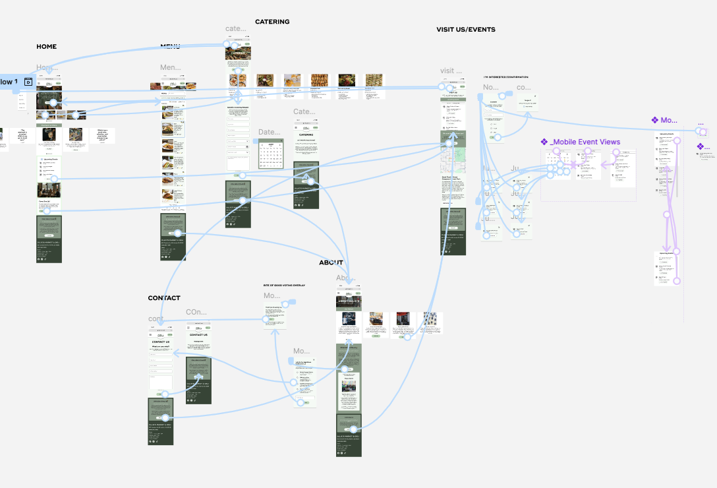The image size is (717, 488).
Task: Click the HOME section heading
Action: [46, 47]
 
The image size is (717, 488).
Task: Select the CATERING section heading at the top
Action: [272, 22]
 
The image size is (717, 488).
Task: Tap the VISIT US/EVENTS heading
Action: [465, 30]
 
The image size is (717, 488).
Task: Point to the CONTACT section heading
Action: [163, 298]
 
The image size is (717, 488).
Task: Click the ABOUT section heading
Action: [331, 262]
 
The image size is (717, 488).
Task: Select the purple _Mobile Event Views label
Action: [580, 142]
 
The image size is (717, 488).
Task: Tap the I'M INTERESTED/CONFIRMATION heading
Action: [505, 77]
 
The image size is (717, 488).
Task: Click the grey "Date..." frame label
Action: [269, 133]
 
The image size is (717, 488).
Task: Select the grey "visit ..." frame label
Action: [451, 71]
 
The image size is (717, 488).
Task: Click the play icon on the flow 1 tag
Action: [28, 82]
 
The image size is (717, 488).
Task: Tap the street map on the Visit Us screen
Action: [453, 158]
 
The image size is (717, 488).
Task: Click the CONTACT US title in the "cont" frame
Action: [160, 342]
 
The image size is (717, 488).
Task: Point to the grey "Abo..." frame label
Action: [346, 278]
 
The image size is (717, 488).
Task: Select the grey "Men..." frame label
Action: [170, 67]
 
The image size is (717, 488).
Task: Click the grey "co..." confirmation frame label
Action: [523, 87]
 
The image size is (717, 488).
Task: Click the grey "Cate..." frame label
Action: [304, 112]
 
